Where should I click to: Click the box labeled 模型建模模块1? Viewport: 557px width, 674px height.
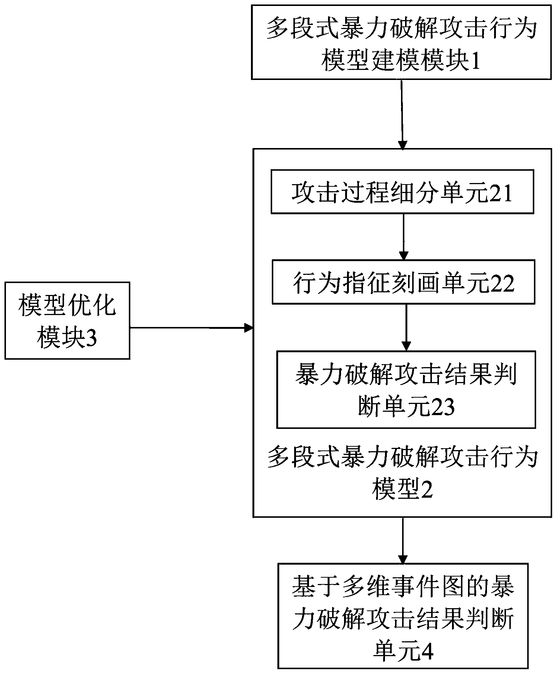pyautogui.click(x=401, y=42)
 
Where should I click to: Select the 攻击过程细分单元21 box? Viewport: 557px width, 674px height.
pyautogui.click(x=402, y=192)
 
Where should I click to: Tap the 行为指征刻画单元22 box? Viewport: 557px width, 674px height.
pyautogui.click(x=403, y=282)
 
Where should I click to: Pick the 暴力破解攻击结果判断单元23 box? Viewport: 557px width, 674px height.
pyautogui.click(x=406, y=389)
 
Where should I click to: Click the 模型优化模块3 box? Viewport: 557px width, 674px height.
pyautogui.click(x=67, y=320)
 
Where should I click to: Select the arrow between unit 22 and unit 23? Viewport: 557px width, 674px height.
pyautogui.click(x=406, y=327)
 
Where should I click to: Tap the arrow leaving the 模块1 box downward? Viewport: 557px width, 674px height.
pyautogui.click(x=402, y=114)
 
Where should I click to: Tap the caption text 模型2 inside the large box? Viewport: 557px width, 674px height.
pyautogui.click(x=402, y=490)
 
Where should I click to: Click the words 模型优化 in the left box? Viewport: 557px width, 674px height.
pyautogui.click(x=67, y=306)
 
